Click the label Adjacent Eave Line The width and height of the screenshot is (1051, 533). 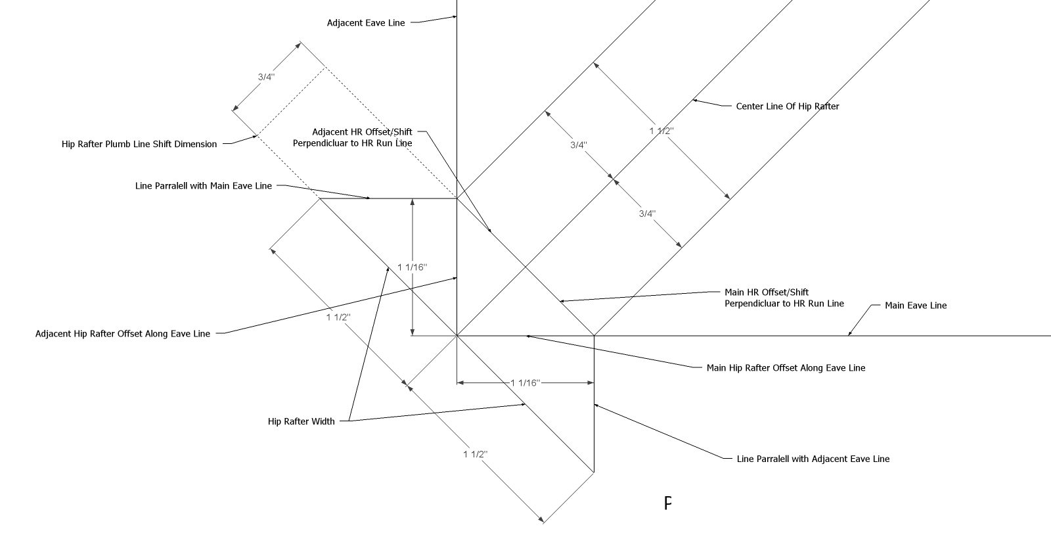point(366,23)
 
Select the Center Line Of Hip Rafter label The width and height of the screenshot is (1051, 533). point(787,106)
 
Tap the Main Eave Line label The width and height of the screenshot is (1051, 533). point(915,306)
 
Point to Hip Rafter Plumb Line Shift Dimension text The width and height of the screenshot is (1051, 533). point(139,145)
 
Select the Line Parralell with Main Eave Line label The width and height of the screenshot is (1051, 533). point(203,186)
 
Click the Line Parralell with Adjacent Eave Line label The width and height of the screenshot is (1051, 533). point(813,459)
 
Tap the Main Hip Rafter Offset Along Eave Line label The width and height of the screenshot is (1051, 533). point(786,368)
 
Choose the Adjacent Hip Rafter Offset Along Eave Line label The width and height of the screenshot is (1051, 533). point(123,334)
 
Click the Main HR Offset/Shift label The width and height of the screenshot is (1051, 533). point(766,292)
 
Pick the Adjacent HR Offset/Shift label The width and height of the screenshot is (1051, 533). point(362,132)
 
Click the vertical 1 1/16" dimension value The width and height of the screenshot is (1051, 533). point(412,267)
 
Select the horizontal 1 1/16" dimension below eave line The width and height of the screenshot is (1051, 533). point(525,382)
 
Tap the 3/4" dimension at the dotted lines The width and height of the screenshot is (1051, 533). point(266,77)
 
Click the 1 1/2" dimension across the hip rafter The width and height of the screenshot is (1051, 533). point(661,131)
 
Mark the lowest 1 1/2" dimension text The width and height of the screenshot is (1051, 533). point(476,455)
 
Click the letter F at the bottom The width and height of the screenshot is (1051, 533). point(667,504)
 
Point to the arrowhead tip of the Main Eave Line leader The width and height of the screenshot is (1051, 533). point(848,335)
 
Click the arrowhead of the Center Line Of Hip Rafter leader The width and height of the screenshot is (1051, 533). point(694,101)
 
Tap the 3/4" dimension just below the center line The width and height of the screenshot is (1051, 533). point(647,214)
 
